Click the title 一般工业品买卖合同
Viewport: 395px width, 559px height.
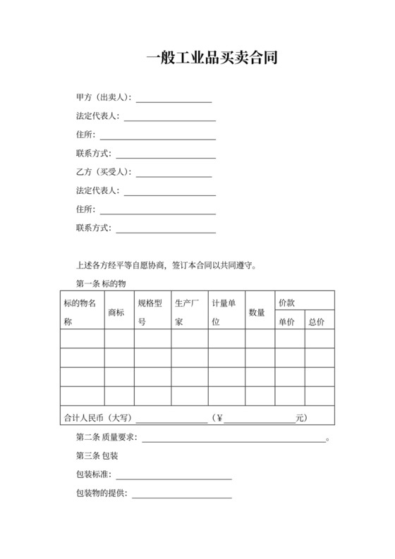click(211, 59)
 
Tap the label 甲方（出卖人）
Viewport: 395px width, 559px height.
click(103, 97)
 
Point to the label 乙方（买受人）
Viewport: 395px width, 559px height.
click(103, 172)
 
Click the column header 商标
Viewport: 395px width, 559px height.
click(116, 312)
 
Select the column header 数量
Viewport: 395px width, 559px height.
click(257, 312)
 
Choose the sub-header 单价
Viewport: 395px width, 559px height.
click(286, 321)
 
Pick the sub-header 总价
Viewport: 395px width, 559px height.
click(317, 321)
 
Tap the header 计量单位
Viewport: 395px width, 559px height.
click(225, 312)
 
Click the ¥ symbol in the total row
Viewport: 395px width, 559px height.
click(219, 418)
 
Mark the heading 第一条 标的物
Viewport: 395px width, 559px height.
click(100, 283)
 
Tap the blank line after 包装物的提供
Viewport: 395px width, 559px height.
click(182, 496)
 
